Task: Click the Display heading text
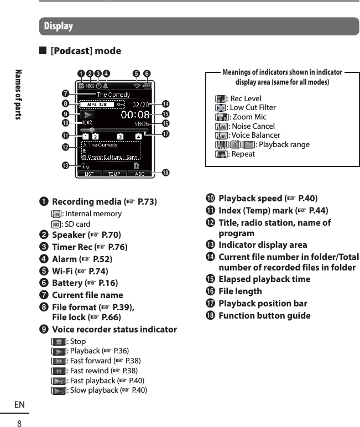coord(58,26)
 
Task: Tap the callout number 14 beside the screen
coord(165,104)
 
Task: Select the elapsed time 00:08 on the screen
coord(134,114)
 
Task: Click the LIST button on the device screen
coord(89,174)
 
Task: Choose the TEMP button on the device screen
coord(114,174)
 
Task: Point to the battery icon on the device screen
coord(147,86)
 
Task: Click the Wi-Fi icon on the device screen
coord(136,86)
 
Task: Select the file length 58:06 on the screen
coord(141,125)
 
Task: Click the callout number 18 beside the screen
coord(165,173)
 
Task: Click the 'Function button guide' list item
coord(264,315)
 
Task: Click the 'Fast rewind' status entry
coord(88,371)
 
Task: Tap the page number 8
coord(19,423)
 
